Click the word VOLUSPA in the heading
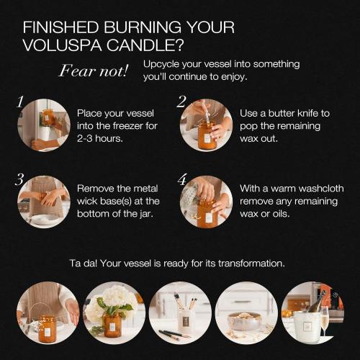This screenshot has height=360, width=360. click(x=62, y=45)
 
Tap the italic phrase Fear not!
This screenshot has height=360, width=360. click(x=94, y=71)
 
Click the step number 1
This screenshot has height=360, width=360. click(x=20, y=102)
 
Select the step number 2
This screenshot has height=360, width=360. click(x=181, y=102)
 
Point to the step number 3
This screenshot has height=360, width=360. click(x=19, y=179)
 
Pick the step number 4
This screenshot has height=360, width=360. click(x=182, y=179)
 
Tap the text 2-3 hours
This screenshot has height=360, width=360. click(x=100, y=138)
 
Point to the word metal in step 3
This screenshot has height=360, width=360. click(x=145, y=189)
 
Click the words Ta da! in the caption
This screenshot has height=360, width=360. click(x=84, y=264)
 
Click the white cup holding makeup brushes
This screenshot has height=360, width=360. click(x=185, y=322)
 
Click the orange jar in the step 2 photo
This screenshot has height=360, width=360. click(x=207, y=135)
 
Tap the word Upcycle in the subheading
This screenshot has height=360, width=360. click(x=161, y=64)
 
